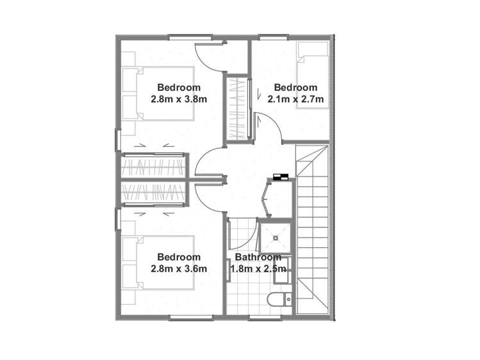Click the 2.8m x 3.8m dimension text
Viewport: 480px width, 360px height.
click(x=179, y=99)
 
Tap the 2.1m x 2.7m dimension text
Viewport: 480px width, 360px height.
click(x=295, y=99)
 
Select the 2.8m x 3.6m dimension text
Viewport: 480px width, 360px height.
click(x=179, y=268)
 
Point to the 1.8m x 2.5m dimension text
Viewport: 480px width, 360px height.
click(x=258, y=269)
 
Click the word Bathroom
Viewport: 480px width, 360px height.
click(x=258, y=257)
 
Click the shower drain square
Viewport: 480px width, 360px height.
click(x=276, y=238)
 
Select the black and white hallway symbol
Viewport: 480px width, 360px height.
click(x=281, y=177)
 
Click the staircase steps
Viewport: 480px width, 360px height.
click(x=312, y=229)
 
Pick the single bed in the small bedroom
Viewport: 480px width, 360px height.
click(x=313, y=75)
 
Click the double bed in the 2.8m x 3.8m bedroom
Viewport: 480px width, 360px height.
click(x=158, y=94)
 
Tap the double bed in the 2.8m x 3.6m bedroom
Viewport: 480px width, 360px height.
click(x=158, y=263)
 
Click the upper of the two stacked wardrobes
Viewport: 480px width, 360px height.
click(x=153, y=166)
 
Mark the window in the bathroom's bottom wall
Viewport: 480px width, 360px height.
click(x=265, y=318)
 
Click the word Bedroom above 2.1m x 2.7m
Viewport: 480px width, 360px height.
click(x=295, y=88)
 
